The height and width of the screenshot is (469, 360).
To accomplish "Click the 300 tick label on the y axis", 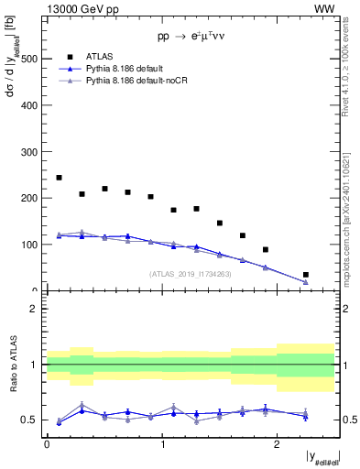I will click(x=30, y=152).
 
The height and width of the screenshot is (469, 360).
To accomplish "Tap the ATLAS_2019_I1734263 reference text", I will click(x=190, y=274).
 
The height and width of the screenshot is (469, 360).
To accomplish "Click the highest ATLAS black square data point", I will click(x=60, y=178).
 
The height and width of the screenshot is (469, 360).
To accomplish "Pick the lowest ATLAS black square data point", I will click(x=306, y=275).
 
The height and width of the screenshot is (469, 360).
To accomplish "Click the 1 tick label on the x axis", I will click(x=162, y=443).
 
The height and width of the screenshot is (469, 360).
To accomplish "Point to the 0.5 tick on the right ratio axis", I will click(x=348, y=420).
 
